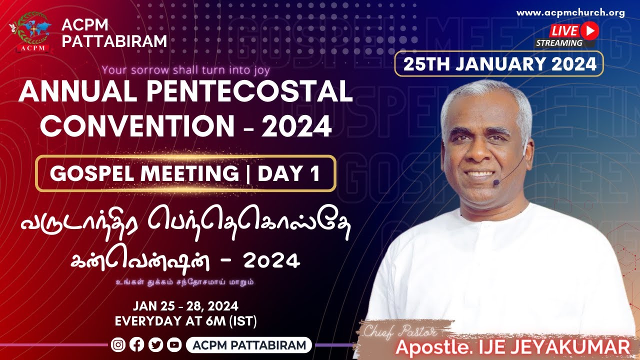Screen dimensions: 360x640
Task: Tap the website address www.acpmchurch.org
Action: coord(570,13)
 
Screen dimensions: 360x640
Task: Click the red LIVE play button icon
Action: coord(590,30)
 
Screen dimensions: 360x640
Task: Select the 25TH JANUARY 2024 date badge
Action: coord(498,64)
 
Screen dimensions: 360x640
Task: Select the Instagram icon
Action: coord(118,345)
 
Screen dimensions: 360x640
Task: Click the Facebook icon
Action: coord(137,345)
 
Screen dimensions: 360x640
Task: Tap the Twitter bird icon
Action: coord(155,345)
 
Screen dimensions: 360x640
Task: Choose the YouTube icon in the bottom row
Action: coord(174,345)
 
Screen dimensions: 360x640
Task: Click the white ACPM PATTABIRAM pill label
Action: coord(249,345)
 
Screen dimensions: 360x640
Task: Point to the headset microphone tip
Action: coord(496,183)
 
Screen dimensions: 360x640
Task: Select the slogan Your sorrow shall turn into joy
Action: coord(186,69)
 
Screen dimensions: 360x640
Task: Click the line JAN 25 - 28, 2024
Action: coord(186,305)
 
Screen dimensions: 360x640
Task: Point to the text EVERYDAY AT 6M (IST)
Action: coord(186,320)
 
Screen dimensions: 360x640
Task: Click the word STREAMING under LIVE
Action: coord(559,43)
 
